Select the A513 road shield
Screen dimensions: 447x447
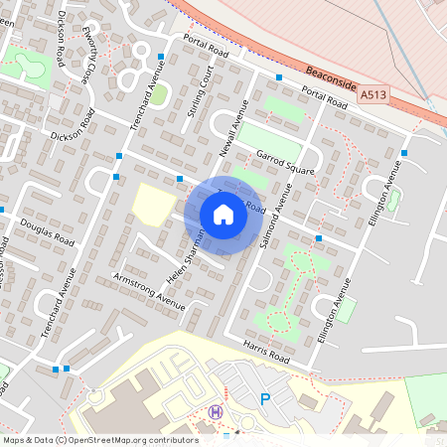tap(372, 95)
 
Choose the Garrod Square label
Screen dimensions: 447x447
tap(285, 163)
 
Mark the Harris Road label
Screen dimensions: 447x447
tap(265, 350)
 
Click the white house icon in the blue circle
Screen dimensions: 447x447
tap(223, 215)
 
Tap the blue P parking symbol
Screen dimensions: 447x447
tap(265, 399)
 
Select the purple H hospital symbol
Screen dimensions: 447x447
tap(215, 411)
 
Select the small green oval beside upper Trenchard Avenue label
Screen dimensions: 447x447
tap(159, 94)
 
